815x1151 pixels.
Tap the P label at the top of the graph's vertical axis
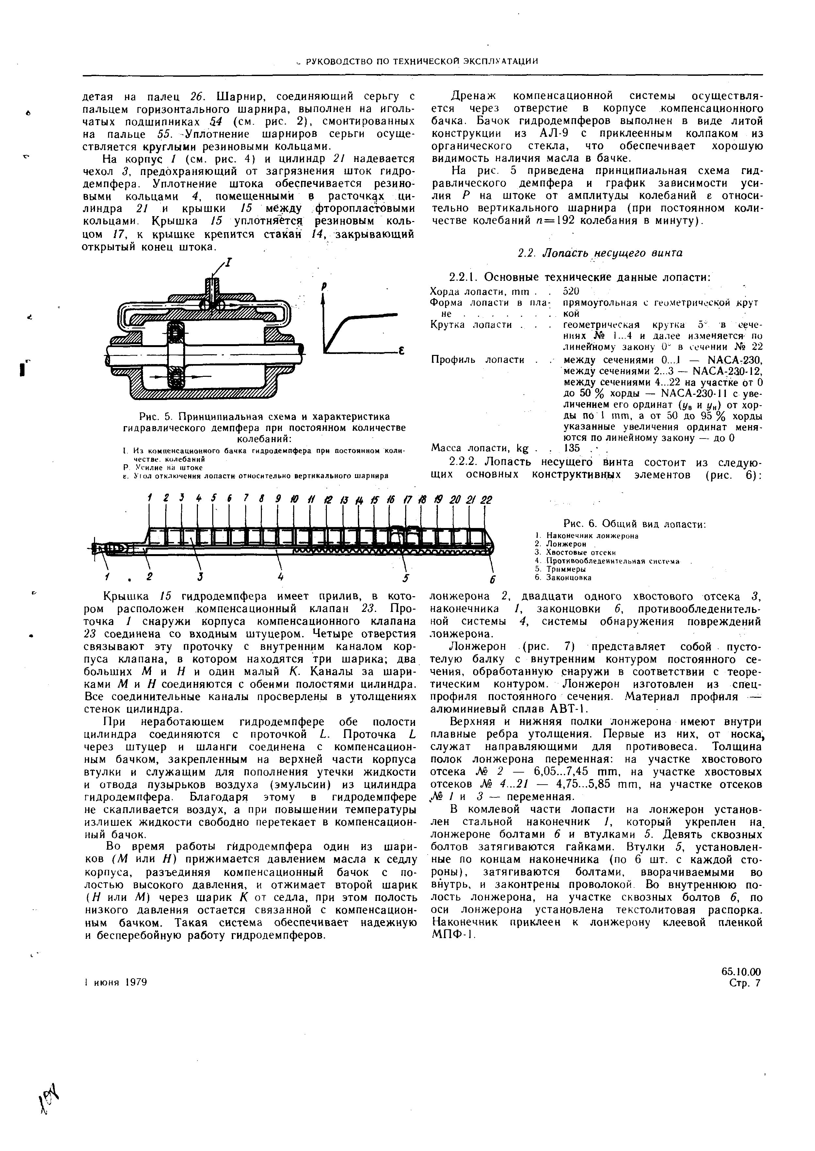[x=324, y=286]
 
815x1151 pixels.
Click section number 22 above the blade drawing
[x=486, y=500]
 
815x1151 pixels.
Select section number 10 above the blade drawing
[x=293, y=500]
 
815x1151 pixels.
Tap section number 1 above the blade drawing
[x=150, y=498]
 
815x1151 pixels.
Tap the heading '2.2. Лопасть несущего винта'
[x=600, y=253]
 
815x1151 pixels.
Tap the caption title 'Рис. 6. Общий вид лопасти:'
[x=634, y=524]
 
